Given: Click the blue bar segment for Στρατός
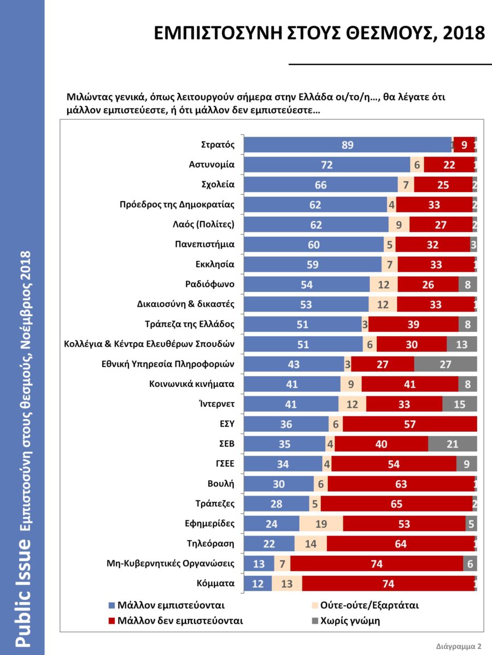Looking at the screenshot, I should (348, 145).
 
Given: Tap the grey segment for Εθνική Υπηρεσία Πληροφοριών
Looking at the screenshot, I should (446, 364).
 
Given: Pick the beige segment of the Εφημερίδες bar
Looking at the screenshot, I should (321, 523).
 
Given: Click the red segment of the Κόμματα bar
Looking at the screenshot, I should (388, 583).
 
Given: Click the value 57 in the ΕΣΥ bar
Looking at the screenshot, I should (409, 424).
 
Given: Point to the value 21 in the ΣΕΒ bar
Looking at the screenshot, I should (452, 444).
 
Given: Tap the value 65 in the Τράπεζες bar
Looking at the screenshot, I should (396, 504).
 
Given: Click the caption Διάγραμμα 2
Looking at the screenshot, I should (459, 646).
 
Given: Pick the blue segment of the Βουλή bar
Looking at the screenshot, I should (279, 484).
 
